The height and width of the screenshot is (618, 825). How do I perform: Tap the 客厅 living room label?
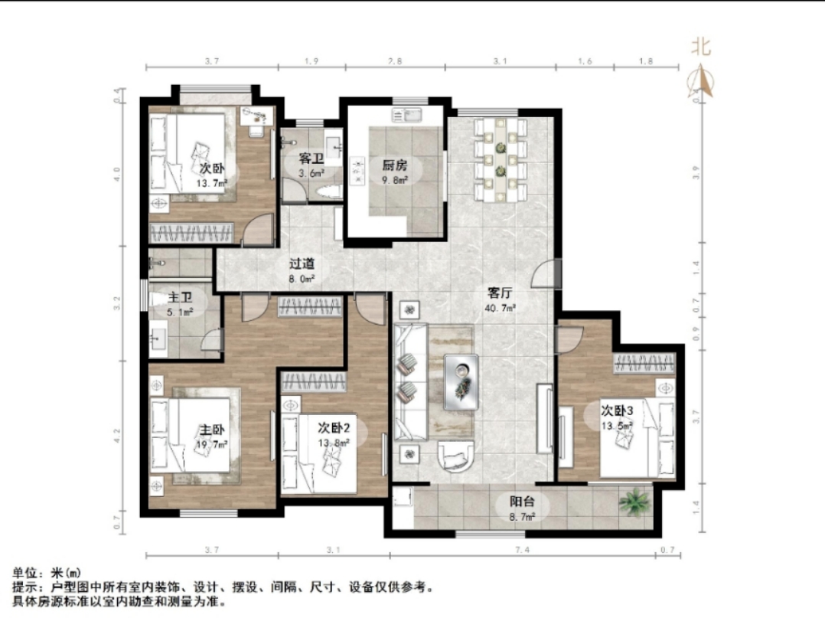pyautogui.click(x=501, y=292)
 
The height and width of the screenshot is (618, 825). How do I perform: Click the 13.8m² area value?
pyautogui.click(x=334, y=442)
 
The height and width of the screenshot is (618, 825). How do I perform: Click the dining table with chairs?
pyautogui.click(x=500, y=159)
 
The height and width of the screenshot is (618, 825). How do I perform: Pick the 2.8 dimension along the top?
pyautogui.click(x=395, y=60)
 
